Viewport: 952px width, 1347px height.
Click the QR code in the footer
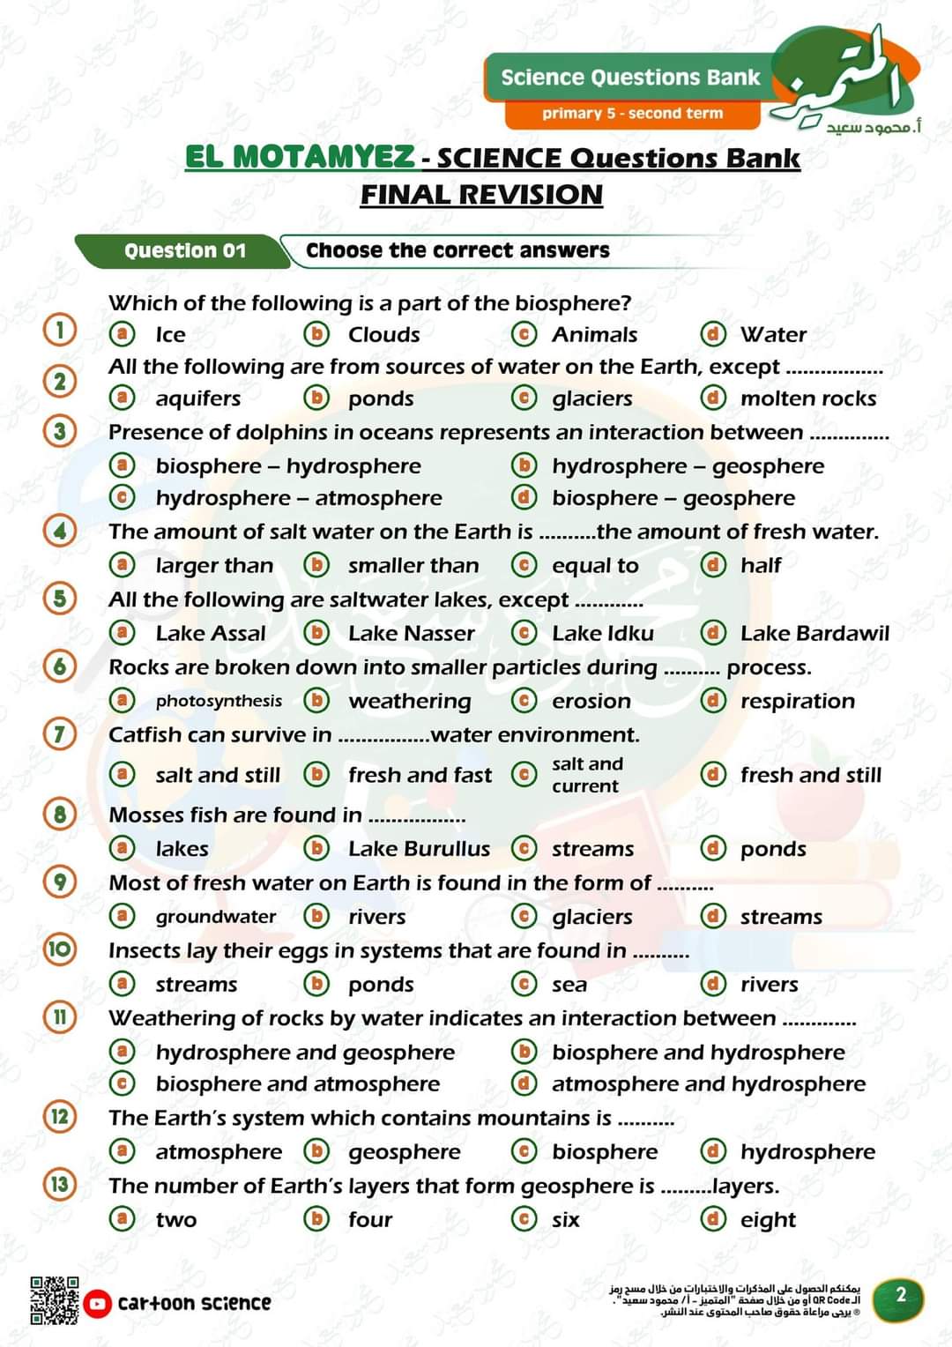click(x=54, y=1300)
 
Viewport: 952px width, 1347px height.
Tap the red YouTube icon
click(x=98, y=1303)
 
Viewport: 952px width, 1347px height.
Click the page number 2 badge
click(x=900, y=1295)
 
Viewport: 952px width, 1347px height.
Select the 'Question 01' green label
click(x=184, y=250)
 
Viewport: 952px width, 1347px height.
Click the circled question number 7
click(x=60, y=733)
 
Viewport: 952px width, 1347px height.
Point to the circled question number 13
click(x=60, y=1184)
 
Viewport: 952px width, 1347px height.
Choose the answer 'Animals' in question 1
click(x=594, y=335)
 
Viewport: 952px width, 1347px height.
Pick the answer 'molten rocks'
click(x=807, y=398)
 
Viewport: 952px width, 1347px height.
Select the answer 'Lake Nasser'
click(x=411, y=633)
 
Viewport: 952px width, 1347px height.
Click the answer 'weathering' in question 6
click(x=410, y=701)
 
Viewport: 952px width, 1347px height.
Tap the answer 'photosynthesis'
click(x=219, y=701)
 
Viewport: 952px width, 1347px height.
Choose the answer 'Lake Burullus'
click(x=419, y=848)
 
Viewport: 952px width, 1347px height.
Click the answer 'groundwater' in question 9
click(x=216, y=917)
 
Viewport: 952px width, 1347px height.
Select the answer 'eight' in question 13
click(x=768, y=1220)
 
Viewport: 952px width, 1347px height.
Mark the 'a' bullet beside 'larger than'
click(x=122, y=565)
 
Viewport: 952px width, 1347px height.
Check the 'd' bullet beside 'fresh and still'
click(x=712, y=775)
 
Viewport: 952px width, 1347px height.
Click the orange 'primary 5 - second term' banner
click(x=632, y=113)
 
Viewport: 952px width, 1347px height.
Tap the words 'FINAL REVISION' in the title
click(x=481, y=195)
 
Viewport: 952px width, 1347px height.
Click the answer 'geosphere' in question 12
click(x=404, y=1152)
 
